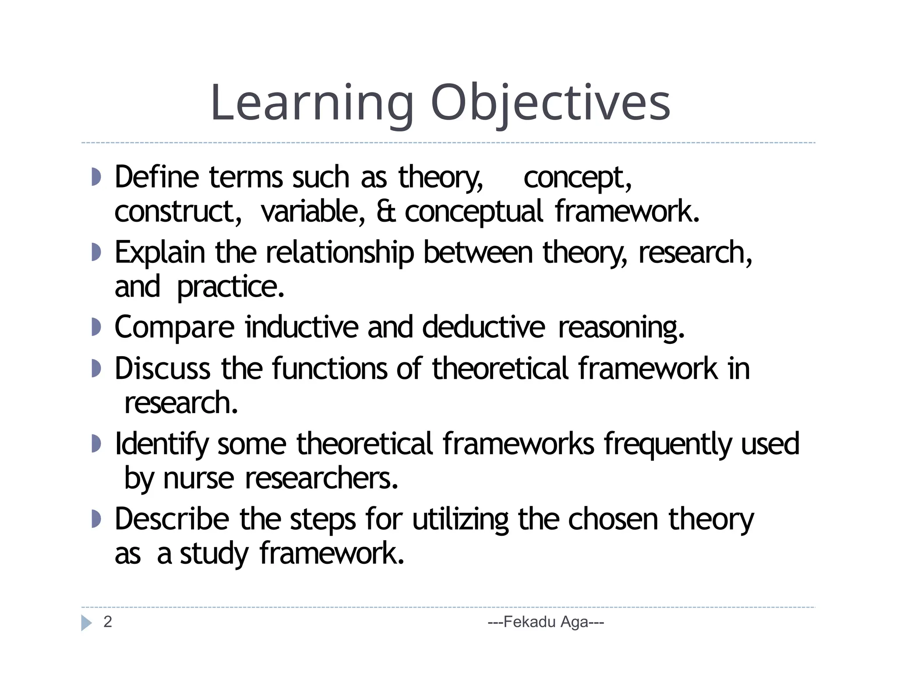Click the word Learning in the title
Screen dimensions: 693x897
312,103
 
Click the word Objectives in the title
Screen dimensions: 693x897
550,103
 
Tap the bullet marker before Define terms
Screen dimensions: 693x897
96,177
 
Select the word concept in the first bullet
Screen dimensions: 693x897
577,178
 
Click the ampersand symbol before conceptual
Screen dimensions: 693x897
385,211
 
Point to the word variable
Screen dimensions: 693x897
312,211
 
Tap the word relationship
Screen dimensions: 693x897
339,253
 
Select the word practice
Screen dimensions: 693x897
230,287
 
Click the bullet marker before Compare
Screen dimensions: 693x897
96,327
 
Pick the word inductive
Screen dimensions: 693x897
301,327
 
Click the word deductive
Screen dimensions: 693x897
484,327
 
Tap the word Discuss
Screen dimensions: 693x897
162,368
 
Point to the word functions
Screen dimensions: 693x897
329,368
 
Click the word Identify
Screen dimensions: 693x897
162,444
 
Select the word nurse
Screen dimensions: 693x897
198,478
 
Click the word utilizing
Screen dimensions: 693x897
460,520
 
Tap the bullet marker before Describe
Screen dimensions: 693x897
96,519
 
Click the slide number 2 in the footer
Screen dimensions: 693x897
108,622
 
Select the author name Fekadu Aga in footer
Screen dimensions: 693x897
546,622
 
